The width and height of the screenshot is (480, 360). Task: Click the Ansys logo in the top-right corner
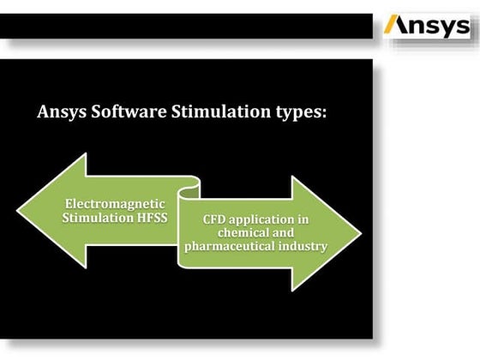click(x=426, y=26)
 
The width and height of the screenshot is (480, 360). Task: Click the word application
click(x=265, y=220)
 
